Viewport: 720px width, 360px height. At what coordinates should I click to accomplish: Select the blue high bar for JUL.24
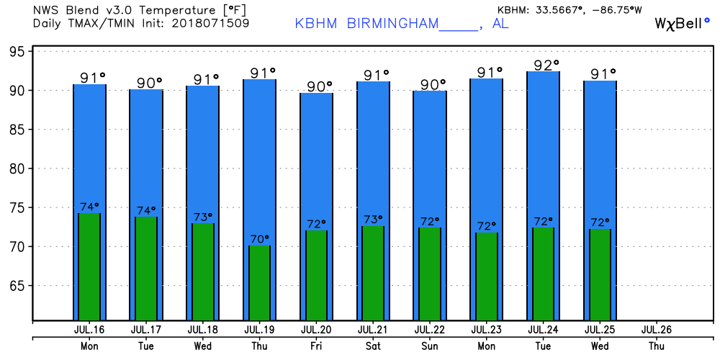(x=544, y=144)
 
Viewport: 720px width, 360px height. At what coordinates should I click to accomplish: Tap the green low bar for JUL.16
(x=89, y=266)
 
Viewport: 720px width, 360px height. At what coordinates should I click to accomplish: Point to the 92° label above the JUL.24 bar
(x=546, y=66)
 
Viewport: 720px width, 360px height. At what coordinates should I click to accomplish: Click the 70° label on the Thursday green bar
(x=260, y=238)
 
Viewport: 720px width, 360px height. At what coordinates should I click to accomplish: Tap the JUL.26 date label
(x=657, y=330)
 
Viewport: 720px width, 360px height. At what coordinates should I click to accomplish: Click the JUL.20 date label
(x=316, y=330)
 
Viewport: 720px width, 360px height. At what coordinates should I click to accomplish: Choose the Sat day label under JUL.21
(x=373, y=346)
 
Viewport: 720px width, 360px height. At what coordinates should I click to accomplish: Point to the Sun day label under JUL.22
(x=430, y=346)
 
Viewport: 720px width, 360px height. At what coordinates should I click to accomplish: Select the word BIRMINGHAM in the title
(x=392, y=23)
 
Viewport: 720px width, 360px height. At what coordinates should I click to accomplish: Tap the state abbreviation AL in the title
(x=500, y=23)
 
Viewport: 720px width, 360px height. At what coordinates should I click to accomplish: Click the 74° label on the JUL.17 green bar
(x=146, y=210)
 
